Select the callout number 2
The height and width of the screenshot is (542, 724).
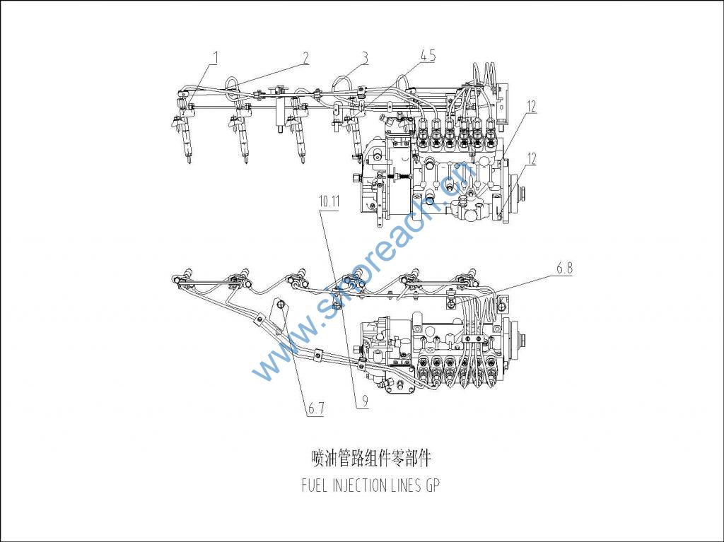coord(306,57)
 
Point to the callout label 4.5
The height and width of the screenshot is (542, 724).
coord(427,55)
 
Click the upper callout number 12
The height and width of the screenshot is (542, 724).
coord(531,106)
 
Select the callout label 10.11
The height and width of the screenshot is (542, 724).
coord(329,201)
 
